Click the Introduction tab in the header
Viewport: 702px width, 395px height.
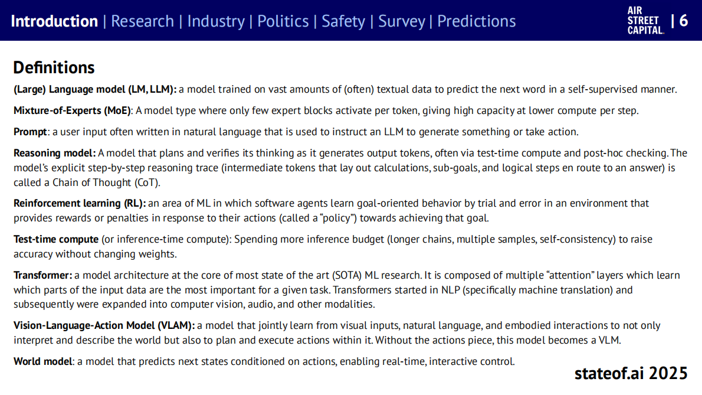pos(54,21)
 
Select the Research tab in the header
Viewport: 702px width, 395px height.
pos(142,21)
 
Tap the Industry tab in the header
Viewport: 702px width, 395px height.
pos(216,21)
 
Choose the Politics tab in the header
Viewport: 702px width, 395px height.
pos(283,21)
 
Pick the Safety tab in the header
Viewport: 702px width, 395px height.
pos(343,21)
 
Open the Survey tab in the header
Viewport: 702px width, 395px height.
pos(402,21)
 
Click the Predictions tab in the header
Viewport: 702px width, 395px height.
pos(477,21)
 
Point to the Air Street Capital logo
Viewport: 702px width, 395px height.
pos(645,21)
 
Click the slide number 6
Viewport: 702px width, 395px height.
pos(684,21)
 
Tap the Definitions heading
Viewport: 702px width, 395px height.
pos(54,67)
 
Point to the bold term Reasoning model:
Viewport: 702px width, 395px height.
pos(55,154)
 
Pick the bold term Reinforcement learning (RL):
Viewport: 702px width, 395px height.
pos(80,203)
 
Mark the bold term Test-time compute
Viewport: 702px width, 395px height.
pos(56,240)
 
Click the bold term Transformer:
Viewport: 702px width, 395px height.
pos(43,276)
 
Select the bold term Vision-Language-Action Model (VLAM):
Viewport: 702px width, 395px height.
pos(104,326)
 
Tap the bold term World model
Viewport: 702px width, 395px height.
pos(43,361)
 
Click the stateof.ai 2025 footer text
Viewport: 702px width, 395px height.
pos(631,373)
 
